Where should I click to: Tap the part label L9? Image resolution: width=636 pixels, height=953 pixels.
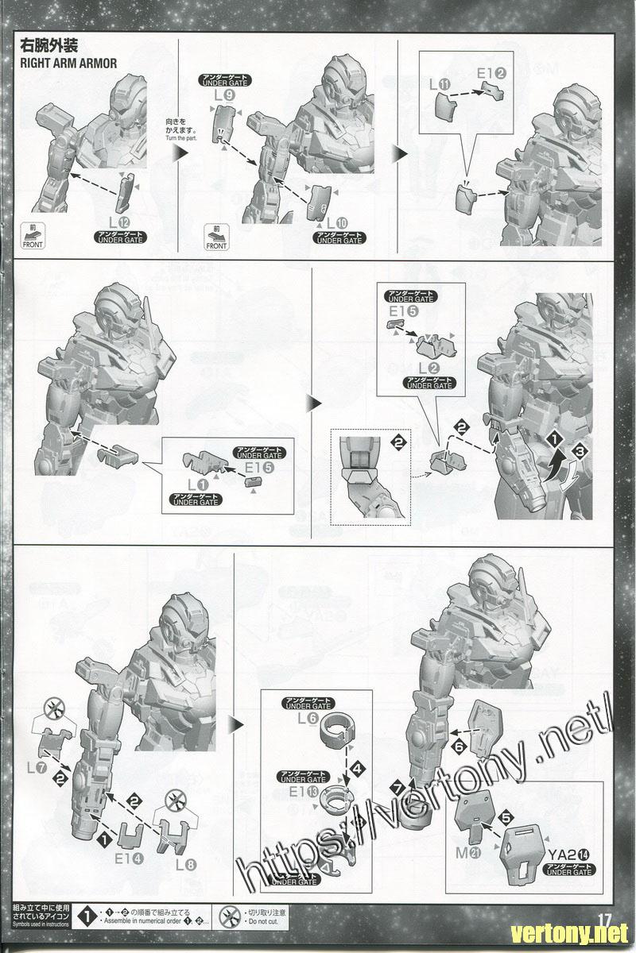pos(224,97)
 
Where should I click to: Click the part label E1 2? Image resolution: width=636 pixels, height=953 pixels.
pos(491,74)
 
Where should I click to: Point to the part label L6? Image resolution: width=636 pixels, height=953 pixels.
pos(308,718)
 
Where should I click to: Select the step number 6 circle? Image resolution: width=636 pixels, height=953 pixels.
pos(459,747)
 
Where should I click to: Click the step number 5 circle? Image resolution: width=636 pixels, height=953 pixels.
pos(504,818)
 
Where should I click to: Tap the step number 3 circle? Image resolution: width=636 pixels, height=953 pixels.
pos(581,451)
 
